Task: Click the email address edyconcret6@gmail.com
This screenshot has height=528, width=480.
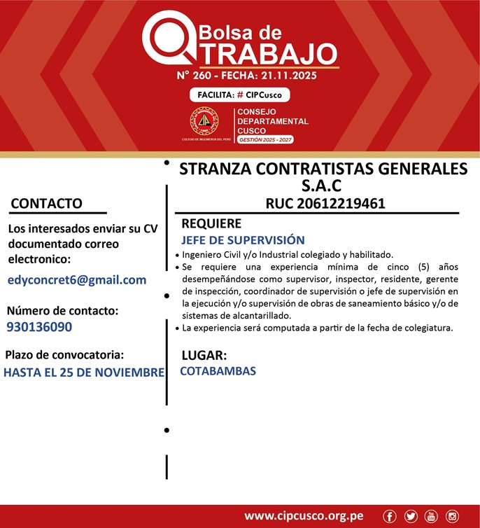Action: tap(77, 280)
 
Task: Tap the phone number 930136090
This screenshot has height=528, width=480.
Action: tap(39, 327)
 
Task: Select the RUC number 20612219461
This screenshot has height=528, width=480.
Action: tap(325, 204)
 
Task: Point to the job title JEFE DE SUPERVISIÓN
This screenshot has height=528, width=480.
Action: tap(243, 240)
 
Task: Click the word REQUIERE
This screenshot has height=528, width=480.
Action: tap(211, 224)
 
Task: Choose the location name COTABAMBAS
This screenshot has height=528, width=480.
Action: tap(218, 371)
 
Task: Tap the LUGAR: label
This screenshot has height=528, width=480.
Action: tap(204, 355)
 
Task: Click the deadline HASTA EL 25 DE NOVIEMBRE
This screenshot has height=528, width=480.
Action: tap(84, 372)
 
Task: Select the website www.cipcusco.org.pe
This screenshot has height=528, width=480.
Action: tap(304, 516)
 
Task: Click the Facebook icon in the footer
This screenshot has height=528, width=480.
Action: tap(390, 516)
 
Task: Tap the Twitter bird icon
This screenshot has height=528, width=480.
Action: tap(411, 516)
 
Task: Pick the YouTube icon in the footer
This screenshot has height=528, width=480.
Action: tap(431, 516)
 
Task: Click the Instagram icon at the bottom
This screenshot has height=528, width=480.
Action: tap(452, 516)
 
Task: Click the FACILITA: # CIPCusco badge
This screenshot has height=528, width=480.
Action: tap(239, 95)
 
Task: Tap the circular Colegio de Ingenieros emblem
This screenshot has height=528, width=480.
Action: tap(204, 122)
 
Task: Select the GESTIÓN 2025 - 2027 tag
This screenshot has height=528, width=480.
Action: tap(266, 140)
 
